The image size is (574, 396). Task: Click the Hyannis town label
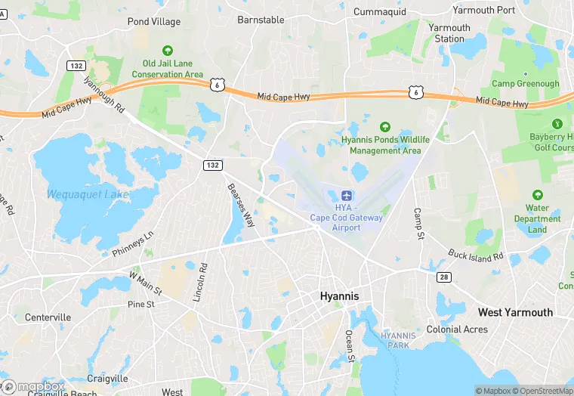click(339, 295)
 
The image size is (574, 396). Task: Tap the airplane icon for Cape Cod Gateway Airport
click(347, 195)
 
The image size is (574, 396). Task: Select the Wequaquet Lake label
click(88, 194)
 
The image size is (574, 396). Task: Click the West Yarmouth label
click(515, 312)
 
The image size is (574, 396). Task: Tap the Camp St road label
click(417, 224)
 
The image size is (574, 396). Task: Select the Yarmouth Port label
click(483, 11)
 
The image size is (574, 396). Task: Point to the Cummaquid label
click(380, 12)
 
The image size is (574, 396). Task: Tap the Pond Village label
click(154, 22)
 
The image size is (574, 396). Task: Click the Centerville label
click(48, 317)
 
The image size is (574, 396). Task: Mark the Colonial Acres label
click(457, 329)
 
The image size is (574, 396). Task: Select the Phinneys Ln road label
click(132, 243)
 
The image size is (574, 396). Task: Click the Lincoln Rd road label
click(199, 283)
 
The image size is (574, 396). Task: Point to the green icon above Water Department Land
click(537, 195)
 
